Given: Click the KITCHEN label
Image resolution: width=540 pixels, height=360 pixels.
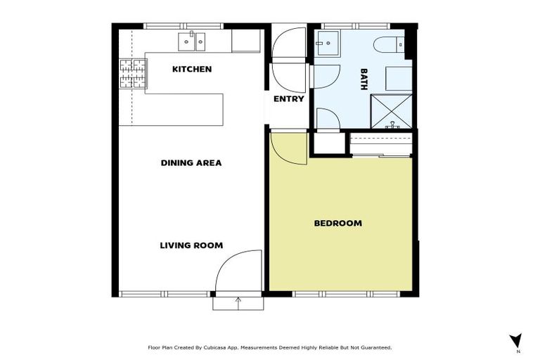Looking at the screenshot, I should click(x=191, y=69).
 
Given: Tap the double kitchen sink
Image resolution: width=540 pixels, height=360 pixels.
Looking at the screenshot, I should click(x=193, y=41).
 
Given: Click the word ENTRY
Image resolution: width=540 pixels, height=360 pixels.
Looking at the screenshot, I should click(x=288, y=99).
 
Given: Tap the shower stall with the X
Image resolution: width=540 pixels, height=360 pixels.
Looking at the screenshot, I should click(x=392, y=111).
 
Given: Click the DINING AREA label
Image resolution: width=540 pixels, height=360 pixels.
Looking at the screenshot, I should click(x=191, y=162).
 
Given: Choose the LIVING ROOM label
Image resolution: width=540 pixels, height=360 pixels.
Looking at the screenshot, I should click(x=191, y=245).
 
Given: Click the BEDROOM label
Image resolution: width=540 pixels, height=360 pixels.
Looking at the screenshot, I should click(x=337, y=223).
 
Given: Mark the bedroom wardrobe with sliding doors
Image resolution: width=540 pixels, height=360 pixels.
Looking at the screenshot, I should click(x=380, y=145).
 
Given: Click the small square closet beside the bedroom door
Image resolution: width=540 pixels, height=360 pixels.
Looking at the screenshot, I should click(x=326, y=143).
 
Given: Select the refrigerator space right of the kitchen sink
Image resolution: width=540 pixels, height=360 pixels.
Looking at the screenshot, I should click(x=246, y=41).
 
